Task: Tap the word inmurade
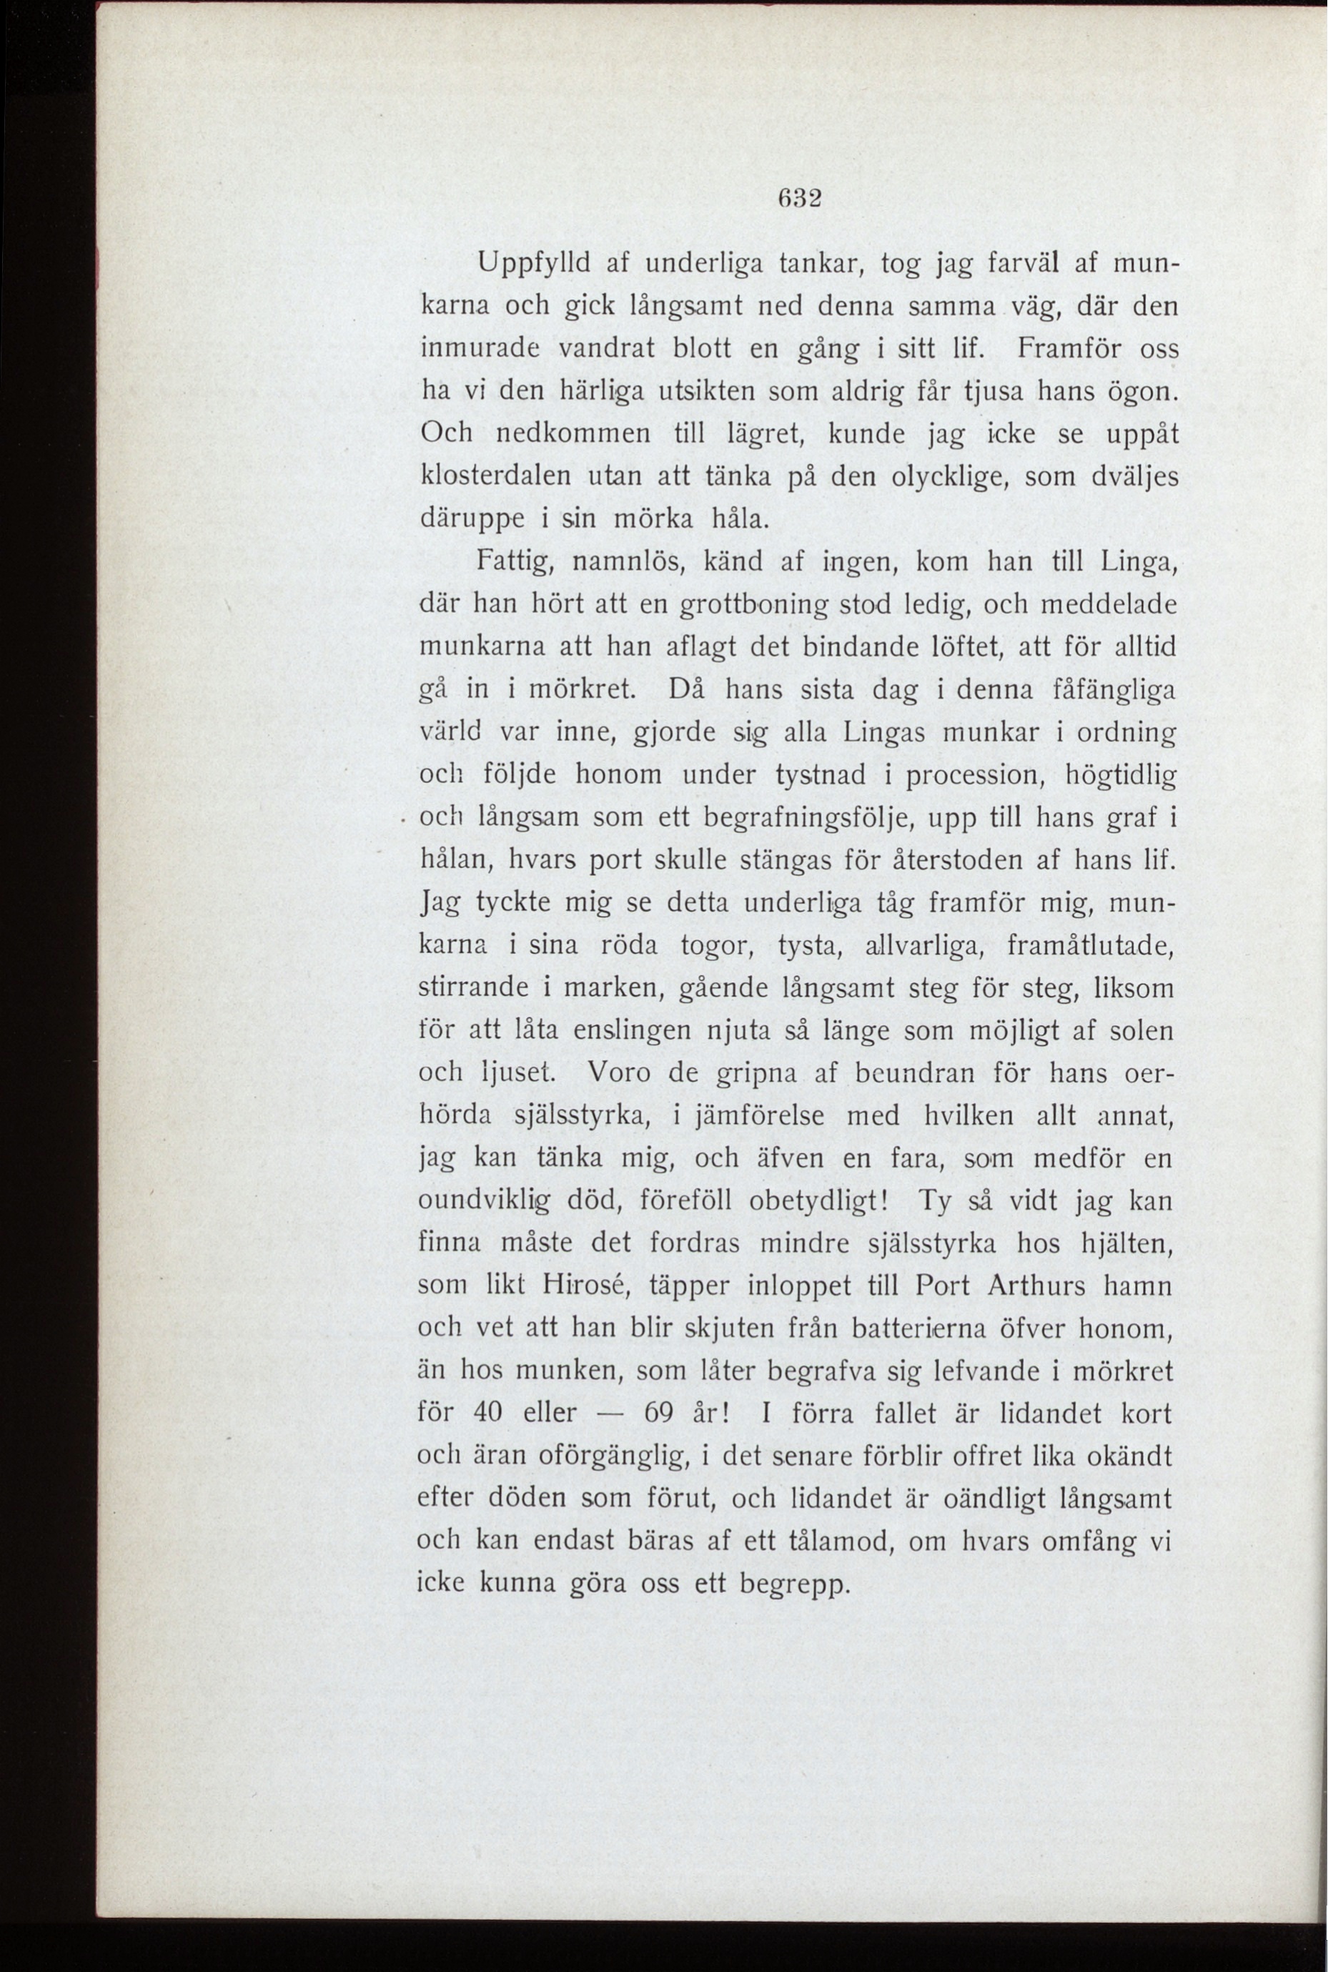[x=481, y=348]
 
